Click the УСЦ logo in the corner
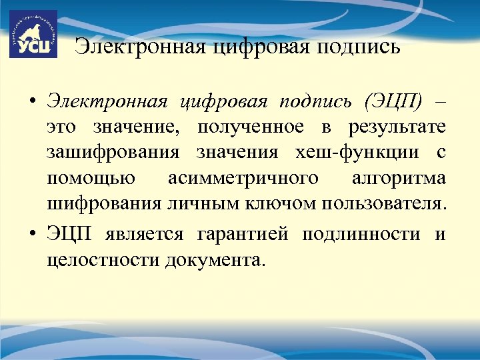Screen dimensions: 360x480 [33, 34]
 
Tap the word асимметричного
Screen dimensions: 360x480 [243, 178]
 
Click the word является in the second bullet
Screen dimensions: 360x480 [150, 235]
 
